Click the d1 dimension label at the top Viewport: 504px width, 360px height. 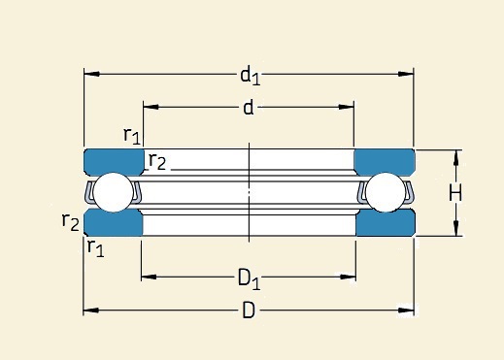tap(250, 75)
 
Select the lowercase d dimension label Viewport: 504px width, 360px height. tap(248, 108)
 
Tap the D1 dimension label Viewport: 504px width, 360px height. tap(249, 279)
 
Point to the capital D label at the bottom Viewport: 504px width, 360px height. tap(249, 311)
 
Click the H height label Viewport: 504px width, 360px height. tap(454, 193)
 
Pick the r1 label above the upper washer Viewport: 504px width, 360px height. tap(132, 135)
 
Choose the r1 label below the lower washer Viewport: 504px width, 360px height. tap(95, 248)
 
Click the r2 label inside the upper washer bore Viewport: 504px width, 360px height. tap(156, 161)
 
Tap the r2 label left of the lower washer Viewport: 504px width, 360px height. tap(70, 222)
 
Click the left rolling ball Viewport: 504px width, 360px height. tap(115, 192)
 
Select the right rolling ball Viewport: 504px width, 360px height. tap(384, 192)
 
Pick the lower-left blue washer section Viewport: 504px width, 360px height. tap(114, 224)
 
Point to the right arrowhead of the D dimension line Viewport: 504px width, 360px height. tap(409, 311)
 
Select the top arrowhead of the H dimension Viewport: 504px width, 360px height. tap(455, 155)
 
